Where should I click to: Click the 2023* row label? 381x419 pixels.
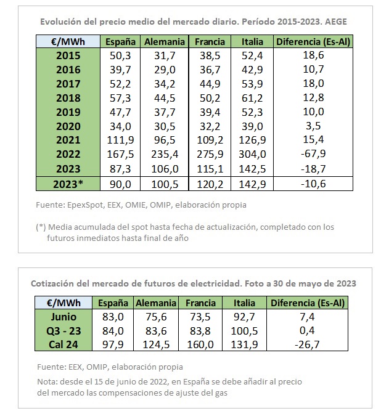coord(68,184)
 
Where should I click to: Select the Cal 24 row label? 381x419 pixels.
coord(63,343)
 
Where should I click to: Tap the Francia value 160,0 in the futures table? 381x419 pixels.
coord(200,343)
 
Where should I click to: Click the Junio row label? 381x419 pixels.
coord(63,317)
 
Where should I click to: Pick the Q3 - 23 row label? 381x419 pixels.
coord(63,330)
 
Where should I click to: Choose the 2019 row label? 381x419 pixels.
coord(68,112)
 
